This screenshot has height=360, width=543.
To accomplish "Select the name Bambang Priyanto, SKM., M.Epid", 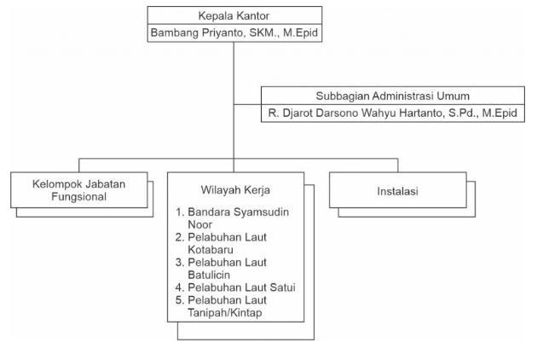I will [x=234, y=32].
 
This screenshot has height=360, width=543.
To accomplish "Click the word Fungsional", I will [x=78, y=198].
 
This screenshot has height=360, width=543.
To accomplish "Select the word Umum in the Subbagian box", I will [x=454, y=96].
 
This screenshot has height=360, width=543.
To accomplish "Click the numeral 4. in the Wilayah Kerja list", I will [x=180, y=287].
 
